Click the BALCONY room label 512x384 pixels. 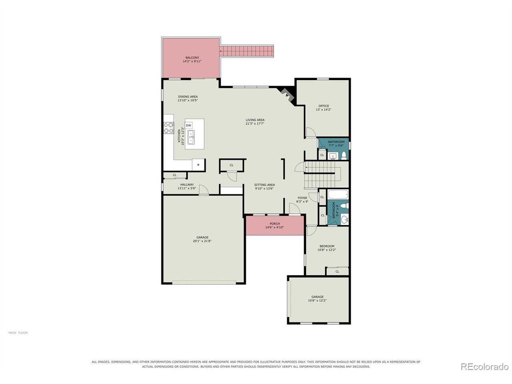point(192,58)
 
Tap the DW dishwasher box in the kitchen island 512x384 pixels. point(188,126)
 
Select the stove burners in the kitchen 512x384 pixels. point(169,128)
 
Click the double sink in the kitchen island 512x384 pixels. point(191,137)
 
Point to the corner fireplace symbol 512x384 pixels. point(286,94)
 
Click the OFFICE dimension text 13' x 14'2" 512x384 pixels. point(324,109)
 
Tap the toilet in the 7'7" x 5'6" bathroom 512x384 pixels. point(344,156)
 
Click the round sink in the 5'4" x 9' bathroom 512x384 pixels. point(344,219)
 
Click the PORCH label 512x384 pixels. point(274,224)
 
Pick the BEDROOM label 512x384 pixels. point(326,246)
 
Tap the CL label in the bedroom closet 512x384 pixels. point(337,272)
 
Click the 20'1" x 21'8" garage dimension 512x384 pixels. point(202,241)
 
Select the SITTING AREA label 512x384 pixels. point(264,185)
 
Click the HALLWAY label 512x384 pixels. point(187,184)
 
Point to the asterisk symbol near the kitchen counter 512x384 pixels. point(198,165)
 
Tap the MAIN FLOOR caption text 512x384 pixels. point(18,333)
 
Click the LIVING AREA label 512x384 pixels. point(255,120)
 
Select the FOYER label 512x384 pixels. point(302,198)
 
